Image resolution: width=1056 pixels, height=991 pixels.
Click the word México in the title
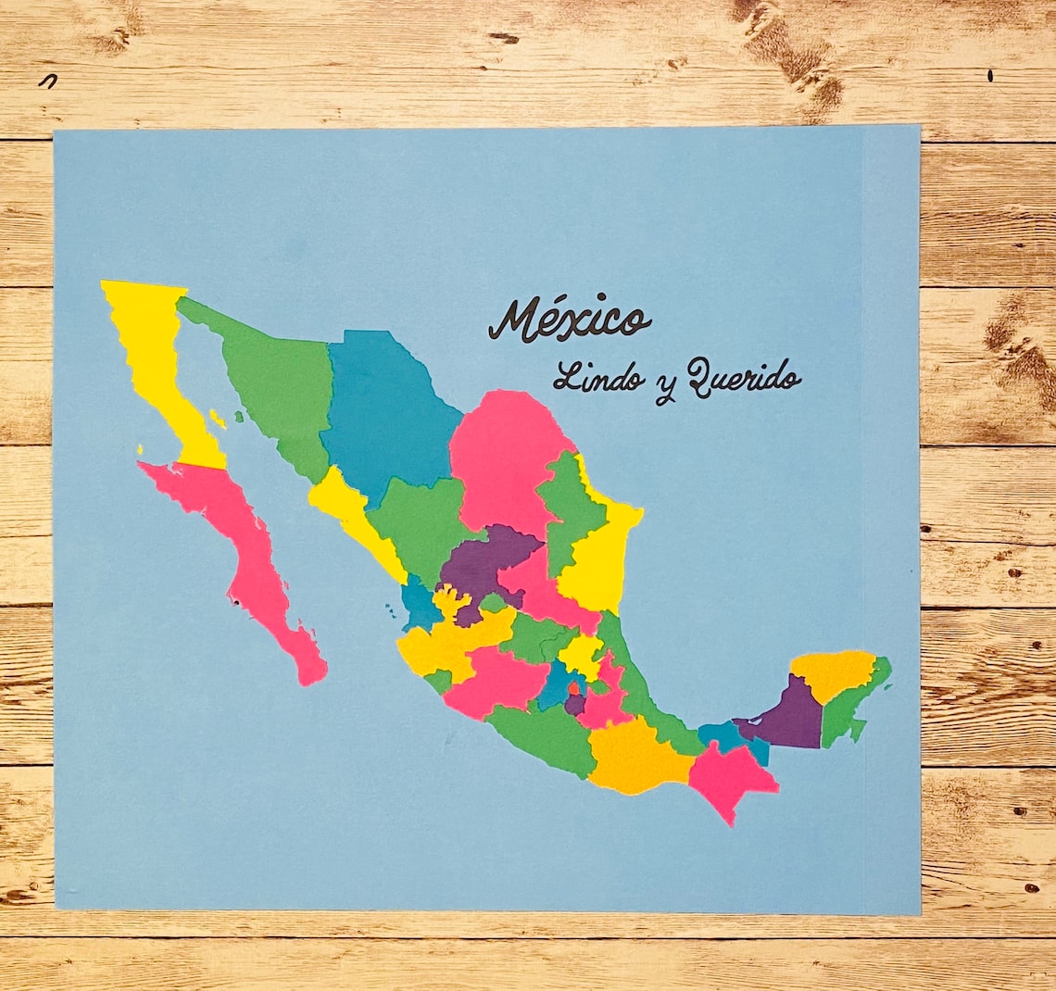click(569, 320)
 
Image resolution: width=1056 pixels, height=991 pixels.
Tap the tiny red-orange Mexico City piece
click(575, 690)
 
